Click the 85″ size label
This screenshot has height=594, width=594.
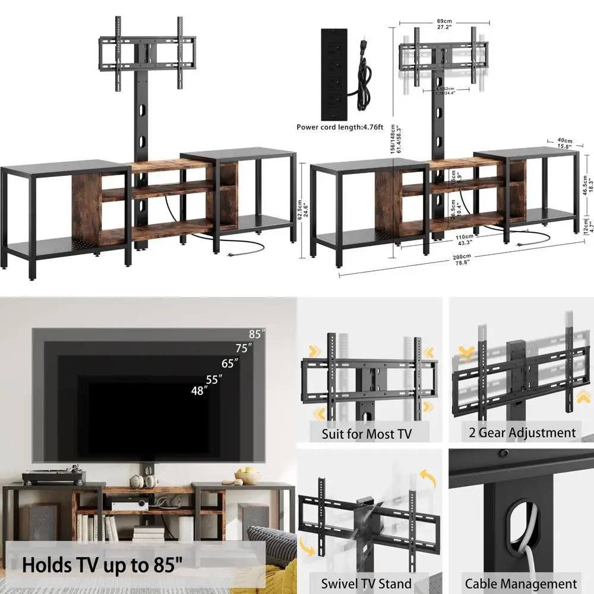257,333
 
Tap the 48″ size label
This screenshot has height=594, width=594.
198,391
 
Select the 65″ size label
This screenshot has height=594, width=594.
229,363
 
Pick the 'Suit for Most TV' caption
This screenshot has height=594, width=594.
366,434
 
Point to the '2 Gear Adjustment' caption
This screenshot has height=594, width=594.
521,432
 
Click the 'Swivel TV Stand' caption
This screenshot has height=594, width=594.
366,583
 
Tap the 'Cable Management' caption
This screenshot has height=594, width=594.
521,583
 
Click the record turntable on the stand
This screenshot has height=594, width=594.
54,476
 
